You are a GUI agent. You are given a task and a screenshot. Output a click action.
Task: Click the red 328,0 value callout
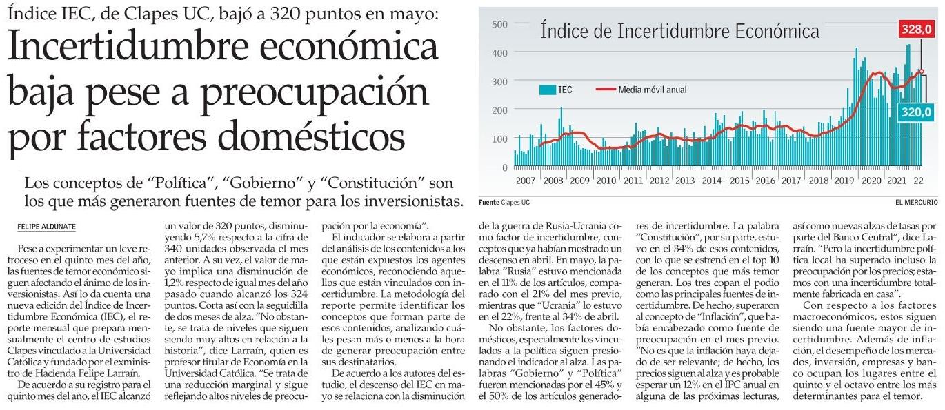pos(916,30)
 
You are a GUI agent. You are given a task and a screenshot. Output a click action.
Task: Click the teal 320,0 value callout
pos(916,112)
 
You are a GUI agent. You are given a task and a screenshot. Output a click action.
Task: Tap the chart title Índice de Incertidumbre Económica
pos(679,32)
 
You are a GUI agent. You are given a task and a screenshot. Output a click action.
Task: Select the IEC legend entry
pos(555,90)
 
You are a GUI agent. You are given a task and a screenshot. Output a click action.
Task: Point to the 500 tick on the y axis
pos(499,24)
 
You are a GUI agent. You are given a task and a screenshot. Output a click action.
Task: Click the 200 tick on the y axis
pos(499,110)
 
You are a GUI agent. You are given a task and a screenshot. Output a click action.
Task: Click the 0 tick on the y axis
pos(504,167)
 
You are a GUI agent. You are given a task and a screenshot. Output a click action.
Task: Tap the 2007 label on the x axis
pos(525,181)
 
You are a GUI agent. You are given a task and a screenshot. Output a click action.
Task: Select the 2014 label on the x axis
pos(712,181)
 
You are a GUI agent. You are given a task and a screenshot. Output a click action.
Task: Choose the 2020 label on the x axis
pos(871,181)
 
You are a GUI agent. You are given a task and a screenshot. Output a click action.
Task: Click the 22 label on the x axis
pos(918,181)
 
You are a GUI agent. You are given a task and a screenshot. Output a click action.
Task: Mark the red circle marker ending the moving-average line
pos(922,72)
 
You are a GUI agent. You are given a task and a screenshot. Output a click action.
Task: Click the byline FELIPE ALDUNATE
pos(46,227)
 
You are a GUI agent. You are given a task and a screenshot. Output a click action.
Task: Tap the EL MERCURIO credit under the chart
pos(916,203)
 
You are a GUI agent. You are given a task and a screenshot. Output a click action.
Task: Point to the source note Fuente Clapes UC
pos(504,203)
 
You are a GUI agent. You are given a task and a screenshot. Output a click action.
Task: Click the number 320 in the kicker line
pos(286,14)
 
